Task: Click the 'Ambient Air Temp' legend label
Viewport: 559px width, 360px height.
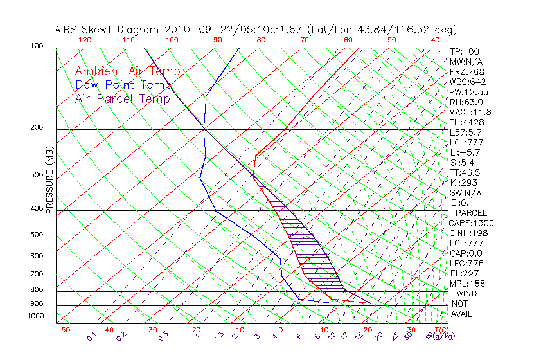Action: click(x=127, y=72)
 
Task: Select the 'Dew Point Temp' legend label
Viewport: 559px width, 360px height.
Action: click(x=123, y=85)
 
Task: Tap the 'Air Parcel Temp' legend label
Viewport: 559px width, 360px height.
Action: click(x=122, y=99)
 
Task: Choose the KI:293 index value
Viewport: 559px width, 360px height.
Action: click(x=464, y=183)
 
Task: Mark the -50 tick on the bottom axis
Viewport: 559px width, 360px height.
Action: click(x=63, y=330)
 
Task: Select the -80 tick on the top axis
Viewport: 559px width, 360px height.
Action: click(x=258, y=40)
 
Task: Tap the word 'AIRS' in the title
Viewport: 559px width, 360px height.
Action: click(x=67, y=30)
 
